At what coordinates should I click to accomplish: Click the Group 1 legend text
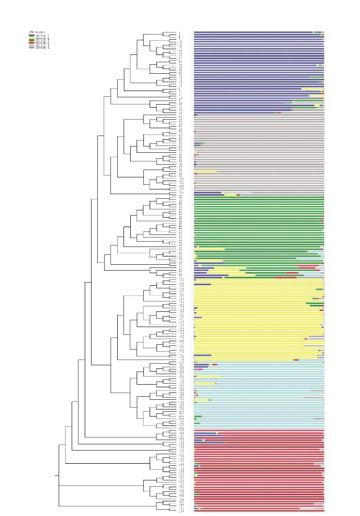[x=42, y=35]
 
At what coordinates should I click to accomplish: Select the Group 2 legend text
[x=42, y=38]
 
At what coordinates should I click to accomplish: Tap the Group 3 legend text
[x=42, y=40]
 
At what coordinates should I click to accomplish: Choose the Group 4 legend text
[x=42, y=43]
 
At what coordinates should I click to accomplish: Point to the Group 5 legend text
[x=42, y=46]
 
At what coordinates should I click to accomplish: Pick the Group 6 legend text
[x=42, y=48]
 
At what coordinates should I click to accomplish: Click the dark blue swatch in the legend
[x=31, y=35]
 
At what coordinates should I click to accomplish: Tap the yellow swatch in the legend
[x=31, y=38]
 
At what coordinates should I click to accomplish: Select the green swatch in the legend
[x=31, y=40]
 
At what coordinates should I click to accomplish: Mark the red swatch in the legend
[x=31, y=43]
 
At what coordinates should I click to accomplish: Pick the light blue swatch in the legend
[x=31, y=46]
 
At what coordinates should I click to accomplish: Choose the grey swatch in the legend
[x=31, y=48]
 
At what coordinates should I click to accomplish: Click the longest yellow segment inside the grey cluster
[x=206, y=171]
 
